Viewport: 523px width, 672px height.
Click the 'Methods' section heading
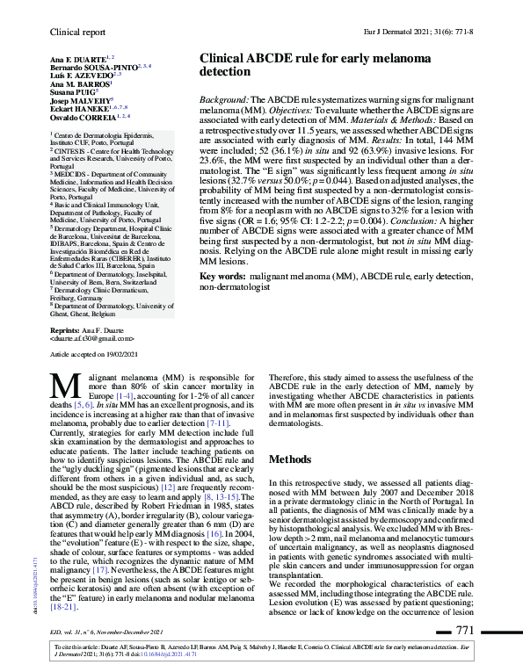(292, 459)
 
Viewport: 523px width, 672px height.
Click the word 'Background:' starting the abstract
(227, 102)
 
